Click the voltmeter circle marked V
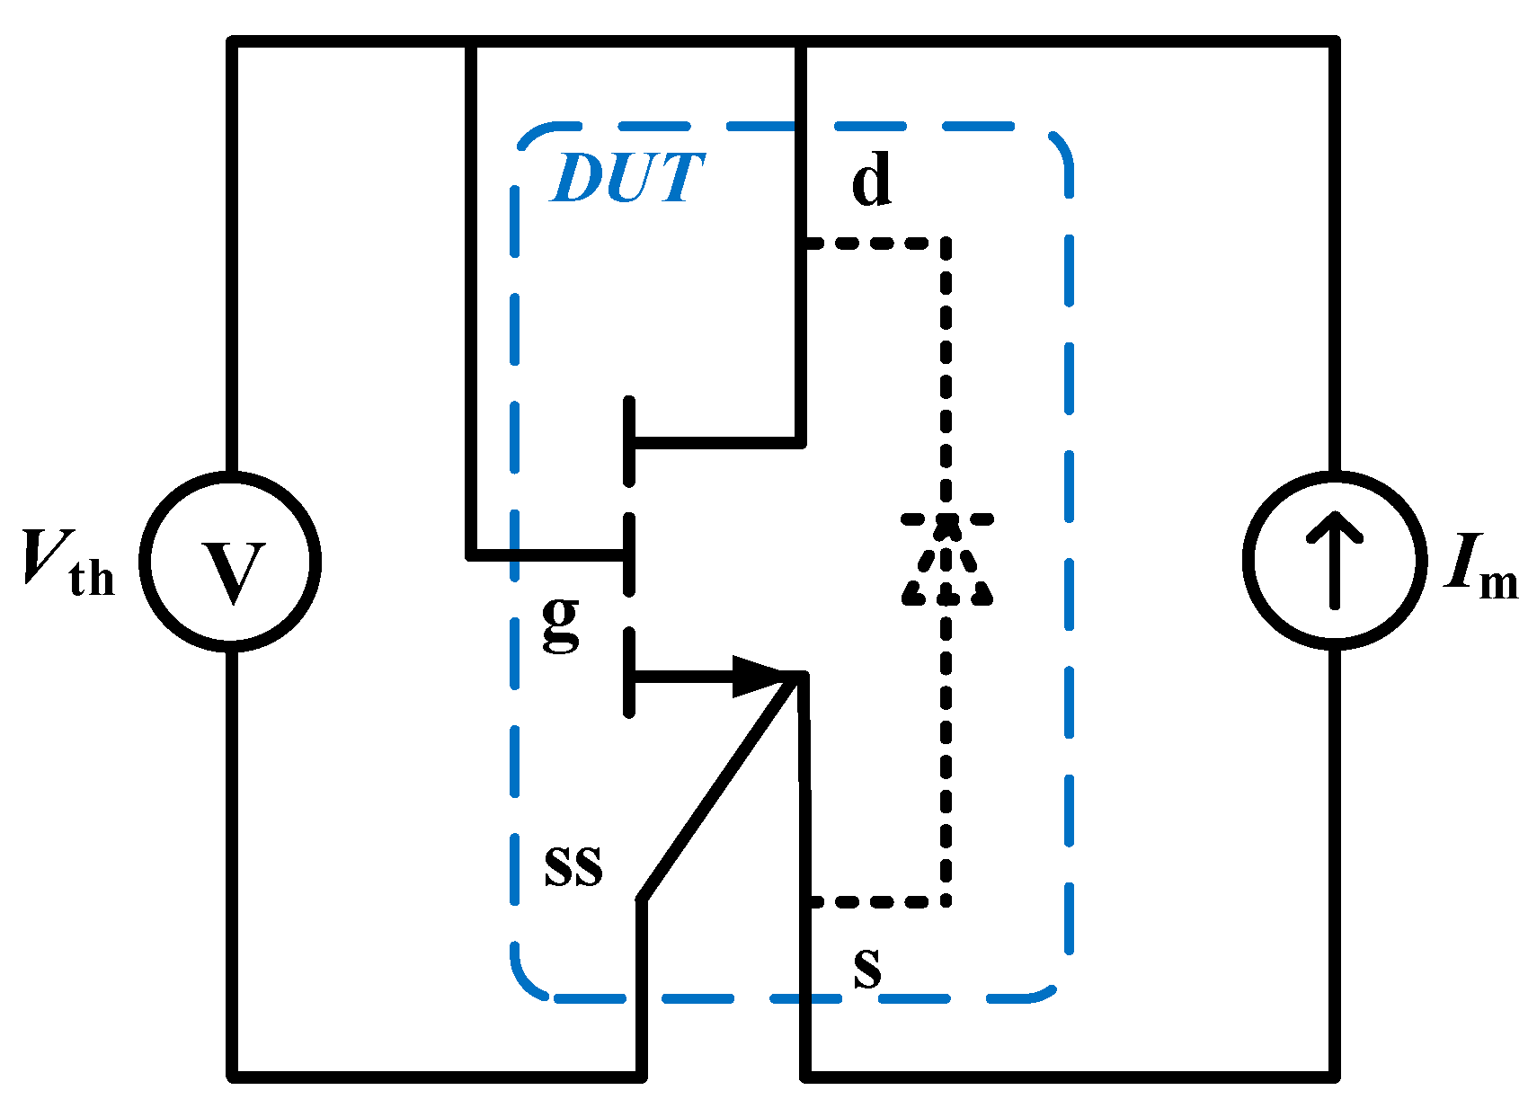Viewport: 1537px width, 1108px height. click(x=231, y=561)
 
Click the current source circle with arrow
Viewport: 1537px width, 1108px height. click(x=1334, y=561)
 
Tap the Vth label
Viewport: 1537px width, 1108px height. click(x=68, y=564)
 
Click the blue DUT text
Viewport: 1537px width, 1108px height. click(x=626, y=178)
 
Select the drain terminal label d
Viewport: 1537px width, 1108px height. click(x=871, y=180)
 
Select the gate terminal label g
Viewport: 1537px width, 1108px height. click(x=561, y=622)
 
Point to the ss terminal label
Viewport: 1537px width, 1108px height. click(x=573, y=866)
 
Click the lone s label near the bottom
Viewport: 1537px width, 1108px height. click(x=866, y=969)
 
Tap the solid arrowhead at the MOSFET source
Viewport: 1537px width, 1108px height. click(x=764, y=676)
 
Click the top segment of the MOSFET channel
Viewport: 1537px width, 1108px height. click(x=629, y=440)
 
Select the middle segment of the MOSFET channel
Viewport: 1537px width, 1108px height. click(x=629, y=554)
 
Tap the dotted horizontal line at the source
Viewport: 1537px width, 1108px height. click(x=876, y=901)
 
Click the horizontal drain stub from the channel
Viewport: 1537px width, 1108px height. click(x=715, y=442)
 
